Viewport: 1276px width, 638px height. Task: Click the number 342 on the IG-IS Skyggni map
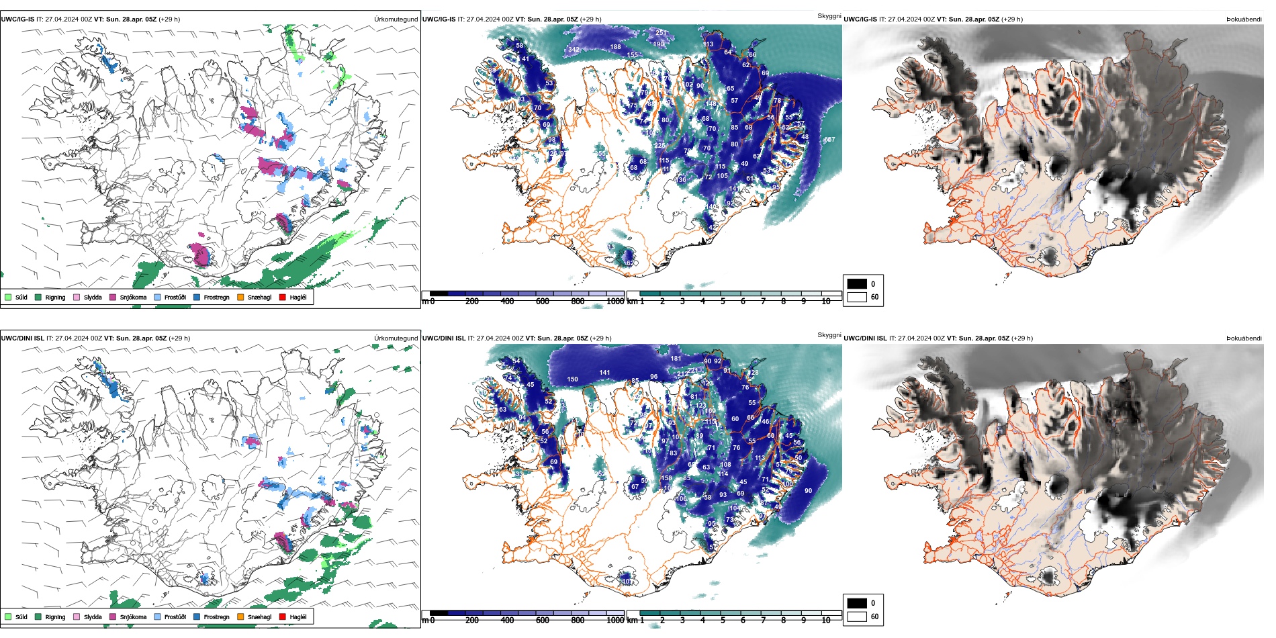574,49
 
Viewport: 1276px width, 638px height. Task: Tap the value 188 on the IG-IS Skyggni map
615,47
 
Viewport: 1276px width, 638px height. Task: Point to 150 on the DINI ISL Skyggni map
572,379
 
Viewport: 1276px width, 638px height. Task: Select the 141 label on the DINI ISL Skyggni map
604,373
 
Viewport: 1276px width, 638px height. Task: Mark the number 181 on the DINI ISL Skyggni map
676,359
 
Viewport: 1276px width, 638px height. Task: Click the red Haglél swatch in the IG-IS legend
283,297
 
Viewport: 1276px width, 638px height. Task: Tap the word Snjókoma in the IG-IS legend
133,298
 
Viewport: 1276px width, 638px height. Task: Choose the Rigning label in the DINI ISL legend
55,617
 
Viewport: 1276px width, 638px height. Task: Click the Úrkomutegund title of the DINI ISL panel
396,338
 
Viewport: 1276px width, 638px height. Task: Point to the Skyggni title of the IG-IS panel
829,15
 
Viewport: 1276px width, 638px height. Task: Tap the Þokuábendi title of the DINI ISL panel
1244,338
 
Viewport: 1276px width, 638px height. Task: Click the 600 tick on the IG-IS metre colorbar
542,302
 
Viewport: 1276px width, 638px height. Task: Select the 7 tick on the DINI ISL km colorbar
763,621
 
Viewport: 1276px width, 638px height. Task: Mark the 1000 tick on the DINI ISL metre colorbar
615,621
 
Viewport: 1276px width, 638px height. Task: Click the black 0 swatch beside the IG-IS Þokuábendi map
857,283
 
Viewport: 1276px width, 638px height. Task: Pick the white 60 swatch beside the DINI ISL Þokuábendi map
857,616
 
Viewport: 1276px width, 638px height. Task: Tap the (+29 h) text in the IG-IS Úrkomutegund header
169,19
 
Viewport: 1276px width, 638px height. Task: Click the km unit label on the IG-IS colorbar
632,302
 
